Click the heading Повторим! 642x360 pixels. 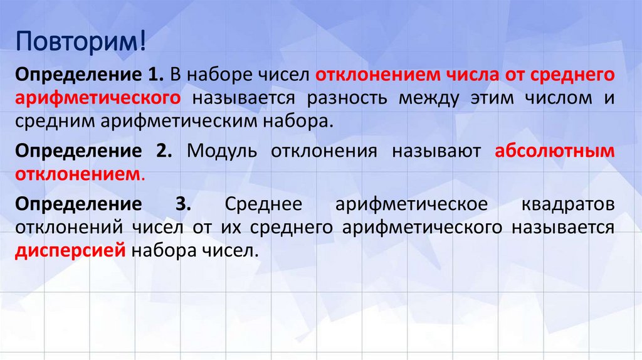(82, 45)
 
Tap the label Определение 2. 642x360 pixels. (95, 151)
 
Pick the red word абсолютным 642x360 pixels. (554, 151)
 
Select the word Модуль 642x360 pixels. (221, 151)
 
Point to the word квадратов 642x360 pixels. (567, 204)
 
